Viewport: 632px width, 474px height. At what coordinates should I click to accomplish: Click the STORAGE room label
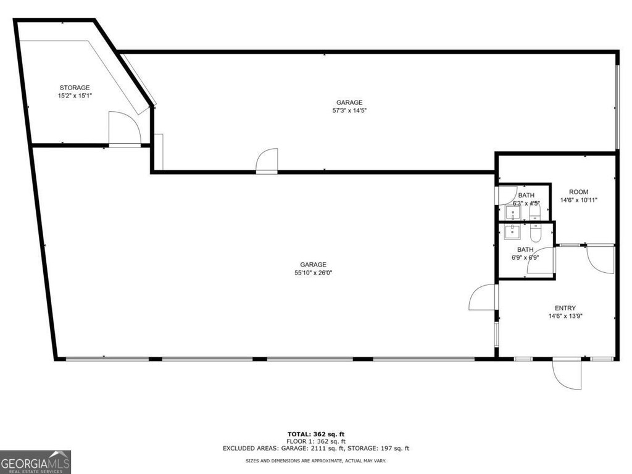click(x=74, y=88)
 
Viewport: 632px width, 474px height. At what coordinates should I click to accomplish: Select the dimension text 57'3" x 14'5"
click(x=349, y=111)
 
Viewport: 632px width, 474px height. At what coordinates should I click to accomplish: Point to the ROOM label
click(x=578, y=192)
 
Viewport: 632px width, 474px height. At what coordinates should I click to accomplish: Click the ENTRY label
click(x=565, y=308)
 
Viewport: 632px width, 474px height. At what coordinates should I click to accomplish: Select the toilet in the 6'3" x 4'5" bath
click(x=534, y=214)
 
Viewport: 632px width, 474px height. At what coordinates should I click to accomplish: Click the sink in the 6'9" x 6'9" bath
click(x=512, y=232)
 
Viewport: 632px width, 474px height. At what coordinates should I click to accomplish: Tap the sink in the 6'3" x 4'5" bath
click(x=512, y=214)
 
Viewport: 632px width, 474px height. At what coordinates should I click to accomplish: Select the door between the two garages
click(x=267, y=160)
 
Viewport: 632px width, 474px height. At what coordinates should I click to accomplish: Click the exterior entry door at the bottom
click(x=567, y=374)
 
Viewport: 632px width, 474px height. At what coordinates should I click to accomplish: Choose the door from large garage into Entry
click(x=483, y=297)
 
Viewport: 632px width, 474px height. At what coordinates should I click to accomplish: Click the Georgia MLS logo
click(x=36, y=462)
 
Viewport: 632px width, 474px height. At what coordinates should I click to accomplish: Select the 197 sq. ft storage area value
click(x=395, y=449)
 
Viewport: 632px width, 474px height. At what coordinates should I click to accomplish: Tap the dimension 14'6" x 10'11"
click(x=578, y=201)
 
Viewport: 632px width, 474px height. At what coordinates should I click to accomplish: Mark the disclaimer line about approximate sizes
click(x=316, y=461)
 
